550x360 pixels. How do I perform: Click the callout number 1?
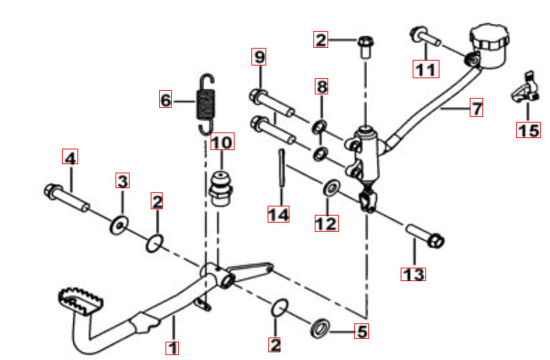(173, 348)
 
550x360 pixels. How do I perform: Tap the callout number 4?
(70, 157)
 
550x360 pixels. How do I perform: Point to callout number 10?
(223, 142)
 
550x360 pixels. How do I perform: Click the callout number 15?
(529, 130)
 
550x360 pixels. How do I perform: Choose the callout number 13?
(413, 274)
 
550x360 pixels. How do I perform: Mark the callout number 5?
(362, 331)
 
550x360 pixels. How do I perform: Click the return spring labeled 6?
(206, 104)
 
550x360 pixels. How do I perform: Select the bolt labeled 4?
(67, 199)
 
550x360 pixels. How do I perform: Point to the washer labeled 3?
(119, 225)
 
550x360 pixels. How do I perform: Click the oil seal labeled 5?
(320, 328)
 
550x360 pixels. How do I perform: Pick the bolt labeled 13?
(426, 236)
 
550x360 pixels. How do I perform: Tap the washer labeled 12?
(331, 187)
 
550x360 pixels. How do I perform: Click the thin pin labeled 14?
(281, 168)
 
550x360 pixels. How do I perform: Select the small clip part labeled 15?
(525, 88)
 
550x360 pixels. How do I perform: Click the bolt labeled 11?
(425, 37)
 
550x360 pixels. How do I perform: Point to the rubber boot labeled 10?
(221, 188)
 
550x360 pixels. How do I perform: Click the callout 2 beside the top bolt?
(320, 39)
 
